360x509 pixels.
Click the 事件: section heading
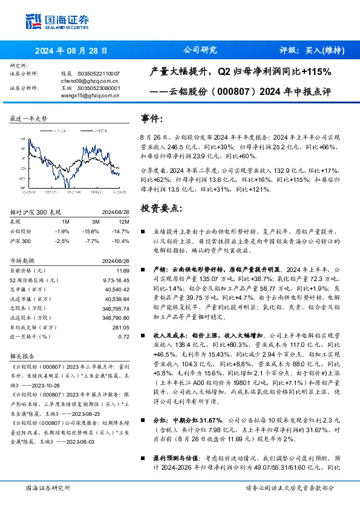(152, 119)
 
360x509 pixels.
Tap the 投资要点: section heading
(160, 208)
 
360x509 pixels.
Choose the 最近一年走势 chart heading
(28, 119)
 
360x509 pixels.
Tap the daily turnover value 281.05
(121, 327)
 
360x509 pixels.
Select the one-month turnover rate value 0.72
(124, 336)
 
